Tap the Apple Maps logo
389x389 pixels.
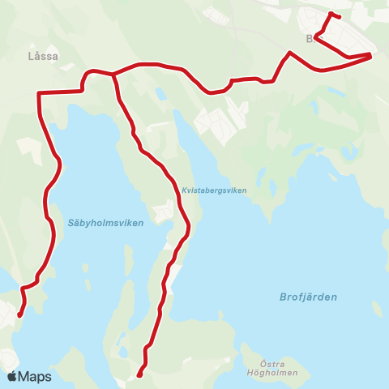[29, 376]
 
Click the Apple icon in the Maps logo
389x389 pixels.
[13, 376]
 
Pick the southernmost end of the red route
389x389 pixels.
[139, 375]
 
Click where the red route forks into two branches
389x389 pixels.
[113, 75]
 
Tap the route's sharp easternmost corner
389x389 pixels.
[370, 55]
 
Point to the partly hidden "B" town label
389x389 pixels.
[310, 38]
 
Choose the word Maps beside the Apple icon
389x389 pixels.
[36, 376]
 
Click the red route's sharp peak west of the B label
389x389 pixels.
[289, 53]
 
